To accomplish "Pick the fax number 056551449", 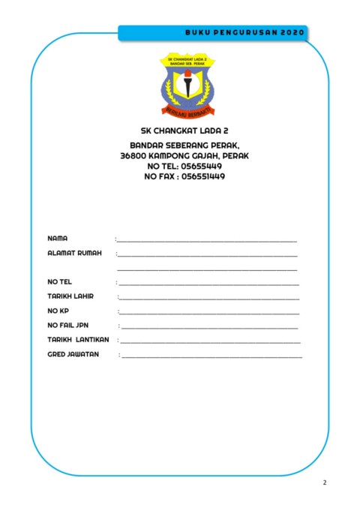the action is coord(199,176).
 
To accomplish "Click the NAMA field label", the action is coord(58,238).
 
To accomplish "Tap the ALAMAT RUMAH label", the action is coord(74,254).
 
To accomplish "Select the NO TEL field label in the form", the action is coord(59,282).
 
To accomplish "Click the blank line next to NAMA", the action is coord(207,241).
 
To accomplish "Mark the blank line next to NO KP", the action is coord(209,313).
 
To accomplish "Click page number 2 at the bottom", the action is coord(325,482).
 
